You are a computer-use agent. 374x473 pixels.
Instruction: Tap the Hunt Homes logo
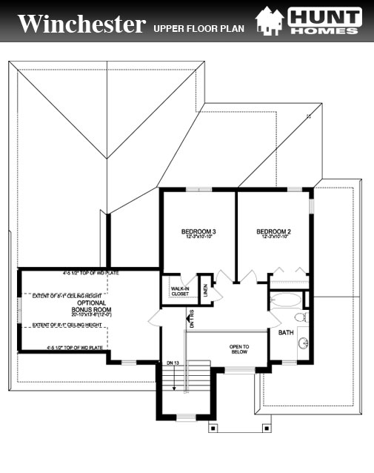point(309,20)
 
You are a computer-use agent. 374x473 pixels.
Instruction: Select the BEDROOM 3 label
point(198,232)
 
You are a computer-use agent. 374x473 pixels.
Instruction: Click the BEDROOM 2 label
point(273,232)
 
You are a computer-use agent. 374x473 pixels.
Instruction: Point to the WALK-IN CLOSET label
point(180,291)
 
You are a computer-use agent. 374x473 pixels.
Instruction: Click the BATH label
point(286,333)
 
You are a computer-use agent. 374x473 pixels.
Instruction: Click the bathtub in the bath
point(286,302)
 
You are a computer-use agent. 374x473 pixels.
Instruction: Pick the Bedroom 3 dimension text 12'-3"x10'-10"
point(198,238)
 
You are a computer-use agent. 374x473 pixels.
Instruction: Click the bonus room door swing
point(158,317)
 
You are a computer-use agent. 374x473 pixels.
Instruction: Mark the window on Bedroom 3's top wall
point(198,190)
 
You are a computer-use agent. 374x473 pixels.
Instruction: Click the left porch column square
point(213,427)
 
